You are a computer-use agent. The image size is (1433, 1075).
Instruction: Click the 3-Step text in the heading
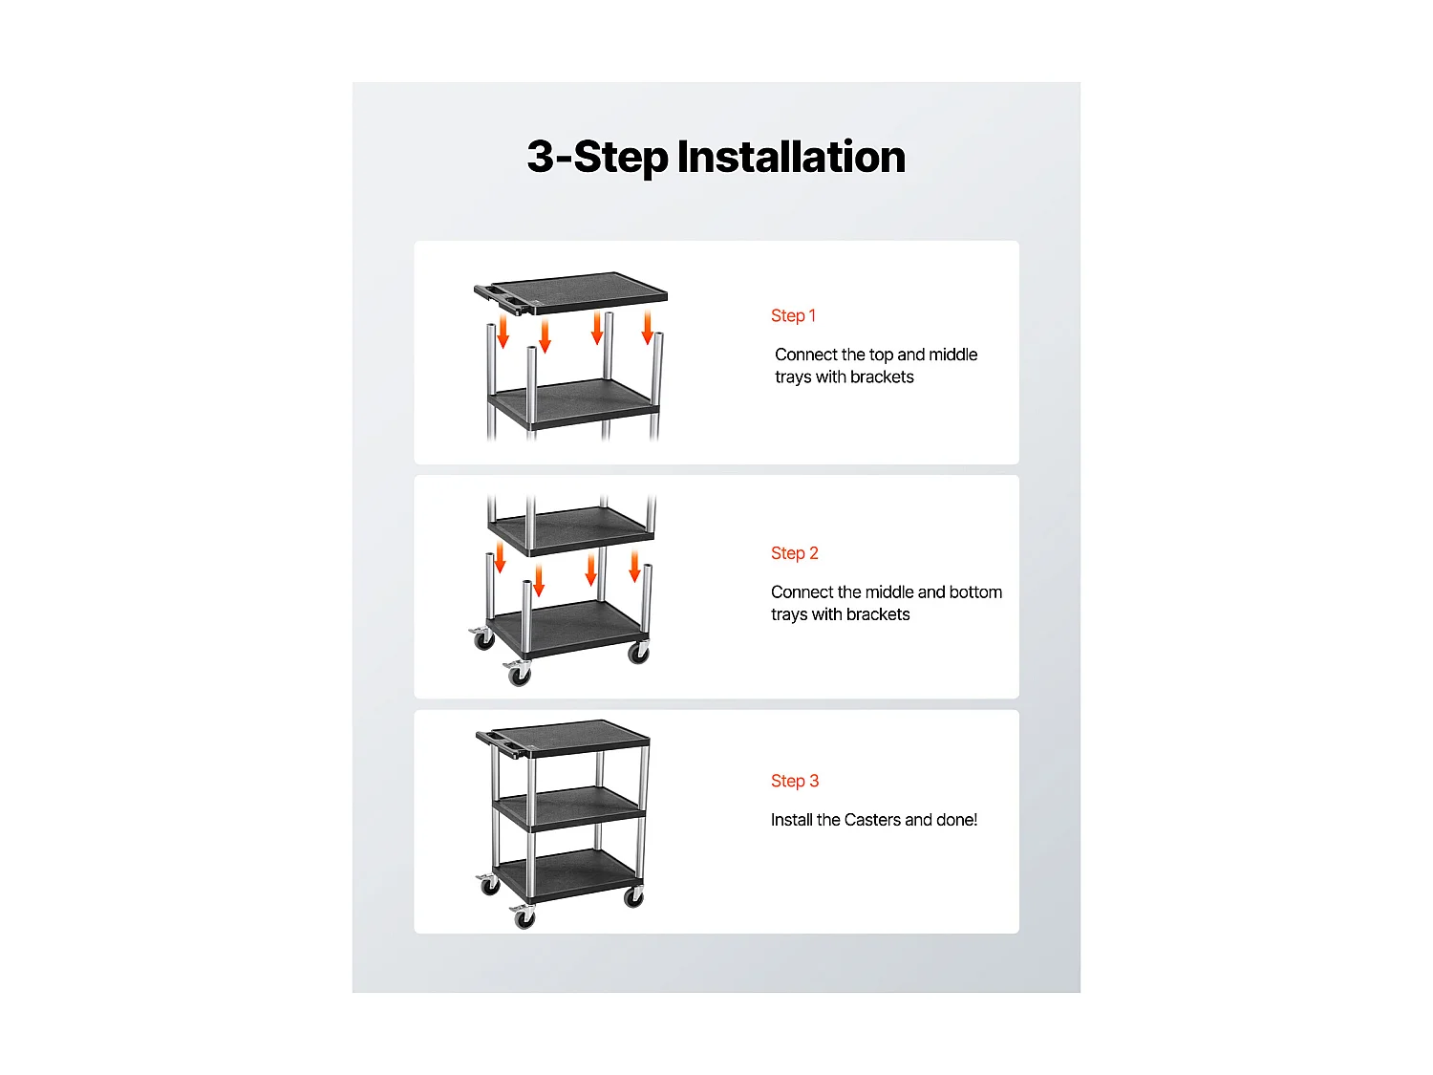597,157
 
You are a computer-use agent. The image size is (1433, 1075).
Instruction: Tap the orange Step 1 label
793,315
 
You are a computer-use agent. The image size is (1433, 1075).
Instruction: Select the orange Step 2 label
794,553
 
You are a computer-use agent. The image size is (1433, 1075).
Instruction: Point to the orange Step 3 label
794,781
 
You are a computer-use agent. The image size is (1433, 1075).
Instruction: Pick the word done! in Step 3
957,820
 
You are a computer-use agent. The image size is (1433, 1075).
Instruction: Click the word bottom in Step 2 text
975,592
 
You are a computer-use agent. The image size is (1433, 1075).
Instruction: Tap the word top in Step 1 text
881,355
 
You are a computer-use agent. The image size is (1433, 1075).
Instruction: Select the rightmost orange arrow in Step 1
647,327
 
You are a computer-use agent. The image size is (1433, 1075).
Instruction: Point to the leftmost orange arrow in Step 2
499,558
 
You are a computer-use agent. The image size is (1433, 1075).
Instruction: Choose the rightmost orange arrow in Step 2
634,566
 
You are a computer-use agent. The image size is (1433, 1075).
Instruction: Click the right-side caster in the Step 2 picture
638,653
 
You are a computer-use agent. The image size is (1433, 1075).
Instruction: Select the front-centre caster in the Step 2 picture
519,674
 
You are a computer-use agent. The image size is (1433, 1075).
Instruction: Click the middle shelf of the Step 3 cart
571,807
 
